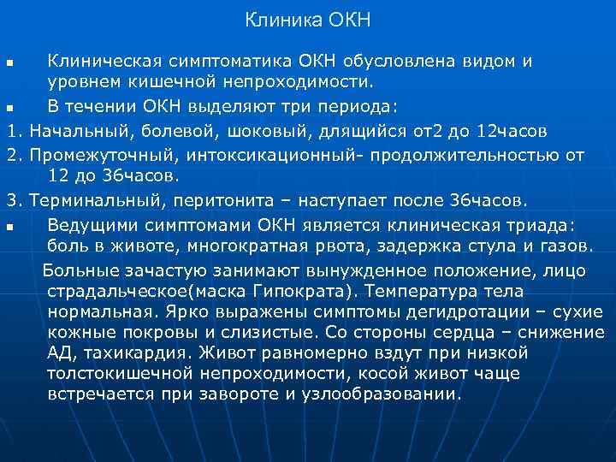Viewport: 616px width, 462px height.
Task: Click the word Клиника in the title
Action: [x=277, y=19]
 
